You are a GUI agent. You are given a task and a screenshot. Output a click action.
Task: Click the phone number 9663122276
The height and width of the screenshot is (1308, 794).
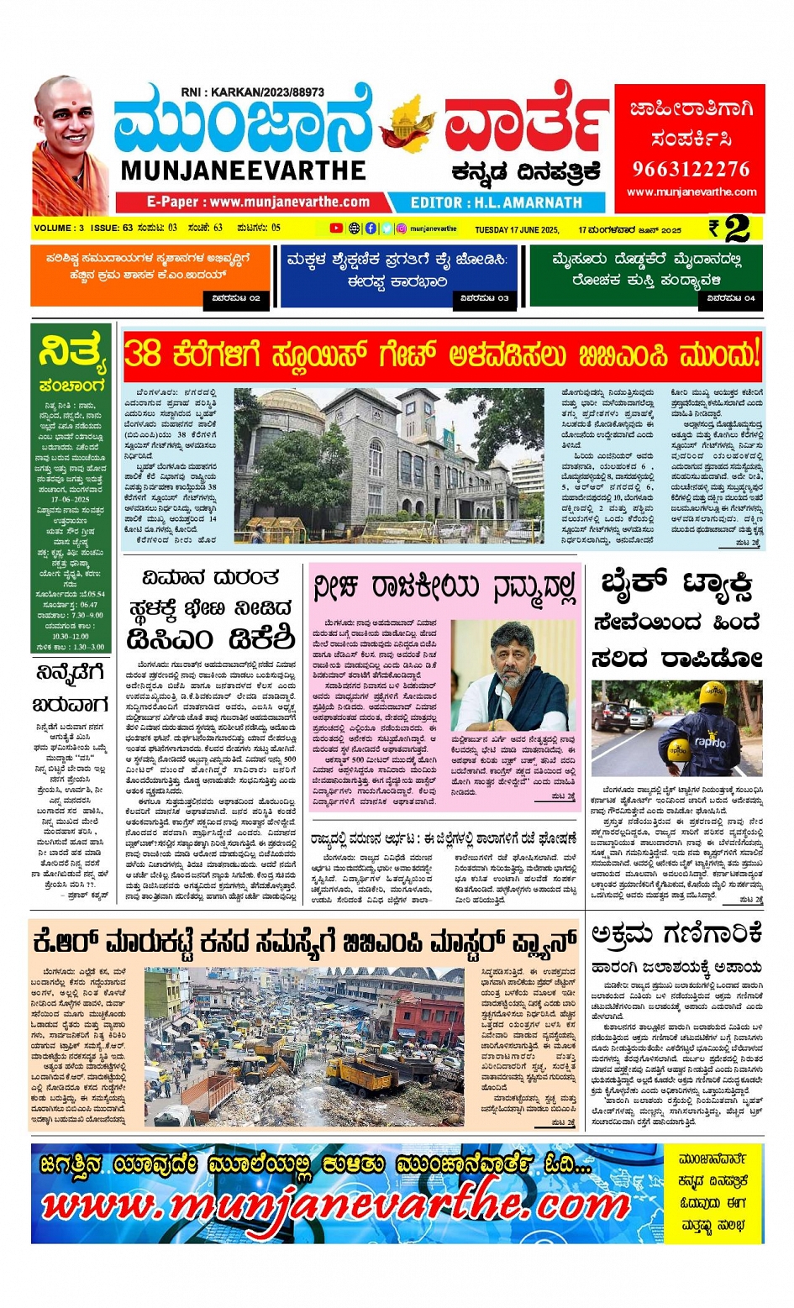pyautogui.click(x=690, y=169)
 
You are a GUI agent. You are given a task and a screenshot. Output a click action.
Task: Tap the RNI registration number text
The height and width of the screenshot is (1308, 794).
pyautogui.click(x=252, y=92)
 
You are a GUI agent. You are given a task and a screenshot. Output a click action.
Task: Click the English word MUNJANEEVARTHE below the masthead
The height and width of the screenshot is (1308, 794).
pyautogui.click(x=243, y=171)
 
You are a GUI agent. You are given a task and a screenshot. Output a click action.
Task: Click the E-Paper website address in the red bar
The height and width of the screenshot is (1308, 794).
pyautogui.click(x=258, y=202)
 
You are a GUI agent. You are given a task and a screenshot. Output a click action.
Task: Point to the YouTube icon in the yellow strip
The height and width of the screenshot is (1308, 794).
pyautogui.click(x=336, y=229)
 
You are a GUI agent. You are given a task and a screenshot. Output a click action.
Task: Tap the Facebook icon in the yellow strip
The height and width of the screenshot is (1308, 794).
pyautogui.click(x=371, y=229)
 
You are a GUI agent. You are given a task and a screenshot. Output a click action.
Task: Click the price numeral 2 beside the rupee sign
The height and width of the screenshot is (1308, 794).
pyautogui.click(x=737, y=229)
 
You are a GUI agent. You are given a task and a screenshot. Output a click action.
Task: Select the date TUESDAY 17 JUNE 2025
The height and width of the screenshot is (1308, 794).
pyautogui.click(x=517, y=229)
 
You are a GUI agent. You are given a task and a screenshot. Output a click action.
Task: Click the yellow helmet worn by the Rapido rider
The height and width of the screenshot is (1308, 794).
pyautogui.click(x=712, y=694)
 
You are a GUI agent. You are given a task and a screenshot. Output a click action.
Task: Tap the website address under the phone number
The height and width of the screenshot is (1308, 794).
pyautogui.click(x=691, y=192)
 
